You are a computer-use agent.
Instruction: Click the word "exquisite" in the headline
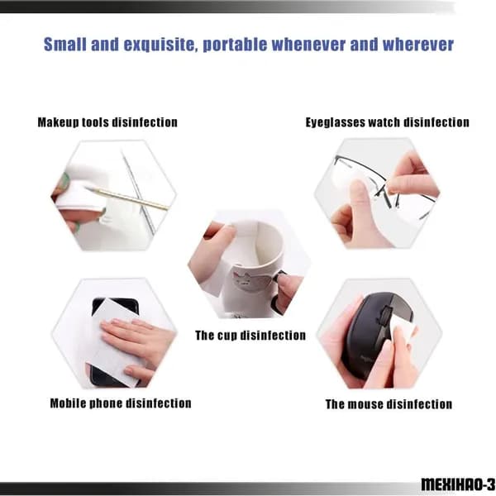click(159, 45)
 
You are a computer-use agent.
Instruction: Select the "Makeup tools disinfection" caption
click(107, 122)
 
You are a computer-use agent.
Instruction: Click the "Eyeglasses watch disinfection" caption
click(387, 122)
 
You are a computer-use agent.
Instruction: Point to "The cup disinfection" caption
click(250, 336)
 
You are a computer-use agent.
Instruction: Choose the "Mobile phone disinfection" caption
click(121, 403)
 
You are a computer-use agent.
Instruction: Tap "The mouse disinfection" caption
click(389, 404)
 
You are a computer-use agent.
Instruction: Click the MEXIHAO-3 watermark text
click(458, 484)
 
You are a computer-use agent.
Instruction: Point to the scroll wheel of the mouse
click(384, 314)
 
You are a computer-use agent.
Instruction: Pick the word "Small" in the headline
click(64, 45)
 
